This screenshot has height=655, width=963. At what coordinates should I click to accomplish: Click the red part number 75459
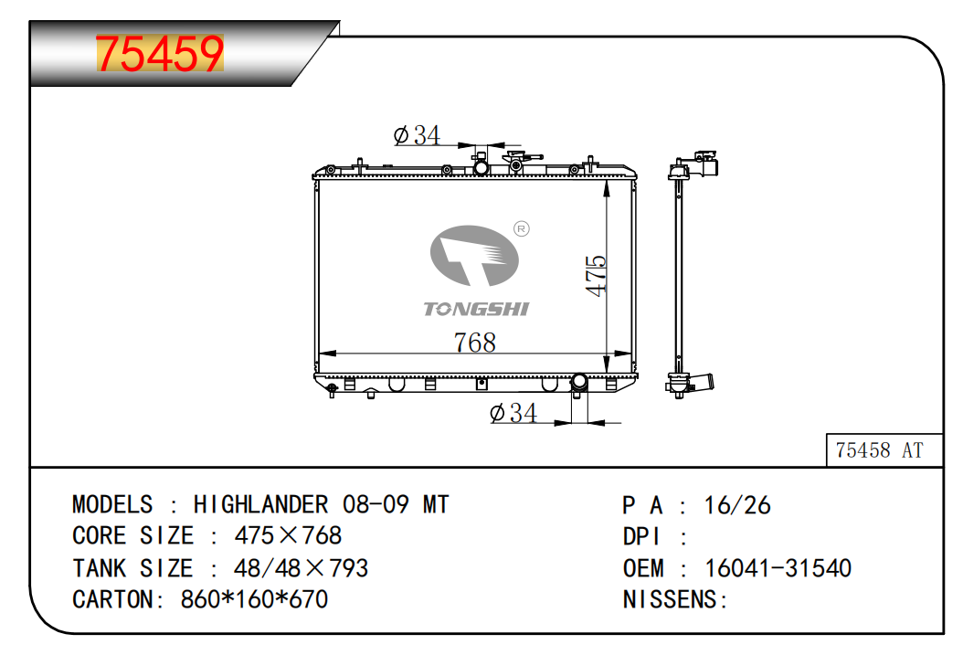tap(160, 53)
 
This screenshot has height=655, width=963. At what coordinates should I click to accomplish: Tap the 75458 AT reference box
tap(884, 450)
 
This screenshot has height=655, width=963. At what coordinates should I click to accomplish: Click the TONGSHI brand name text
tap(476, 309)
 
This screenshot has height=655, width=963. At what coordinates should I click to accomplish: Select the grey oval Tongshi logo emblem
tap(474, 256)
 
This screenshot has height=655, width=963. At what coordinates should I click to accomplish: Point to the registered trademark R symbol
tap(522, 229)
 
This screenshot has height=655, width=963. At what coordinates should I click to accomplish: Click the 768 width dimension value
tap(475, 342)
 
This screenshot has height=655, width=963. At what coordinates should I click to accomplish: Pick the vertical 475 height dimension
tap(596, 276)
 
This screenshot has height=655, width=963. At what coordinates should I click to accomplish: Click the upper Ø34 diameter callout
tap(417, 135)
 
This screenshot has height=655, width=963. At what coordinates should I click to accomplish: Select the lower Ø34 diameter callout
tap(513, 413)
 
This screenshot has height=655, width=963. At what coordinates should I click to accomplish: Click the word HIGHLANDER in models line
tap(260, 504)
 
